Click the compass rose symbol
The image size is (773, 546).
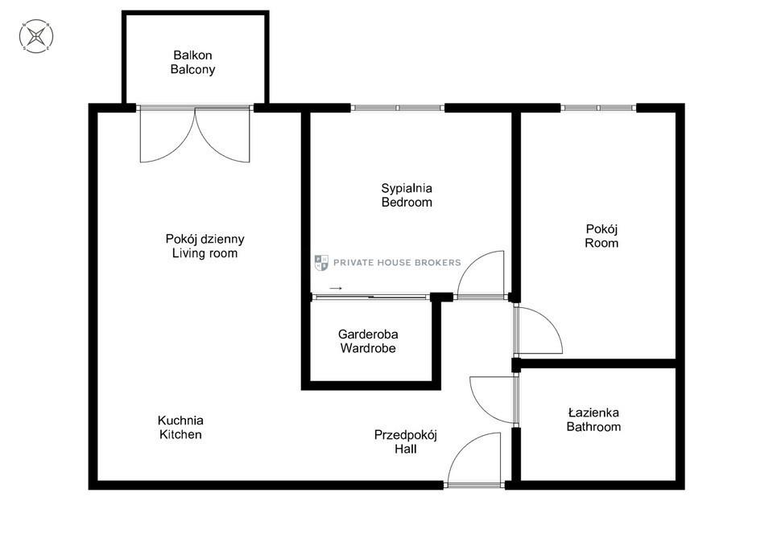click(x=36, y=36)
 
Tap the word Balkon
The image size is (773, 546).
click(x=192, y=55)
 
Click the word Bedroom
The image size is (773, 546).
click(x=407, y=203)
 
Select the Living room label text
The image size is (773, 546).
click(x=205, y=253)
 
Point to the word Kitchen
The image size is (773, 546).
click(x=180, y=435)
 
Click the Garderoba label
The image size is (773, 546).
click(x=368, y=335)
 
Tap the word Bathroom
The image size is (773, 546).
click(x=593, y=427)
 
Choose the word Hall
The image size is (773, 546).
click(x=406, y=449)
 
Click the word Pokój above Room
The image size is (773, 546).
click(x=601, y=229)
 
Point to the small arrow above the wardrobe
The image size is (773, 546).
click(x=336, y=288)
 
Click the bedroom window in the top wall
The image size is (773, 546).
click(x=398, y=108)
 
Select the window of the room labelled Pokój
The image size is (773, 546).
click(x=598, y=108)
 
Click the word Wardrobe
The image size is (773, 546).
click(x=368, y=348)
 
